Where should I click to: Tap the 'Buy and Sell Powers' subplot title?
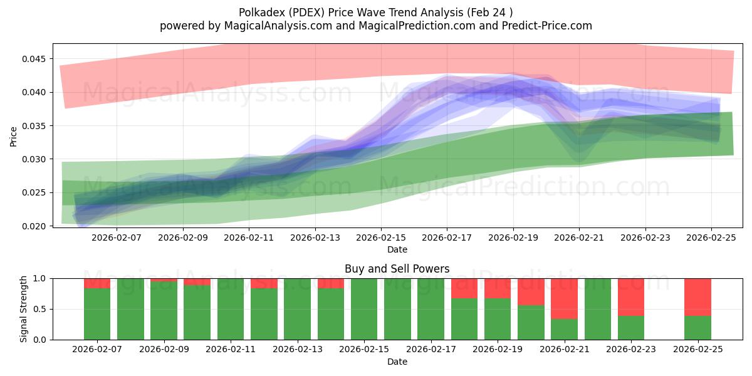click(397, 269)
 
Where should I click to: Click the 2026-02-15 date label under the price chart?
click(381, 238)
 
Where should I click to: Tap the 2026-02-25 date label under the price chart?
click(711, 238)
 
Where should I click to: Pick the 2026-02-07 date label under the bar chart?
click(97, 349)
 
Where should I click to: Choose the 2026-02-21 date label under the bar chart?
click(565, 349)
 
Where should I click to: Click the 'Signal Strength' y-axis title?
click(24, 309)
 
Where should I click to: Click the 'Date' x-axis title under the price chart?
click(397, 249)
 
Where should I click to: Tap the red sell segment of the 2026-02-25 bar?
click(697, 296)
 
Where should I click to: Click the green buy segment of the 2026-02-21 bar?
click(565, 329)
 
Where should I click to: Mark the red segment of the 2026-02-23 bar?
click(631, 296)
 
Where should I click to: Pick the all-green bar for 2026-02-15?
click(364, 309)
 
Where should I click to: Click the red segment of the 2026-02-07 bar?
click(97, 283)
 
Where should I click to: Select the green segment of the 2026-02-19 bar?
click(498, 319)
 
